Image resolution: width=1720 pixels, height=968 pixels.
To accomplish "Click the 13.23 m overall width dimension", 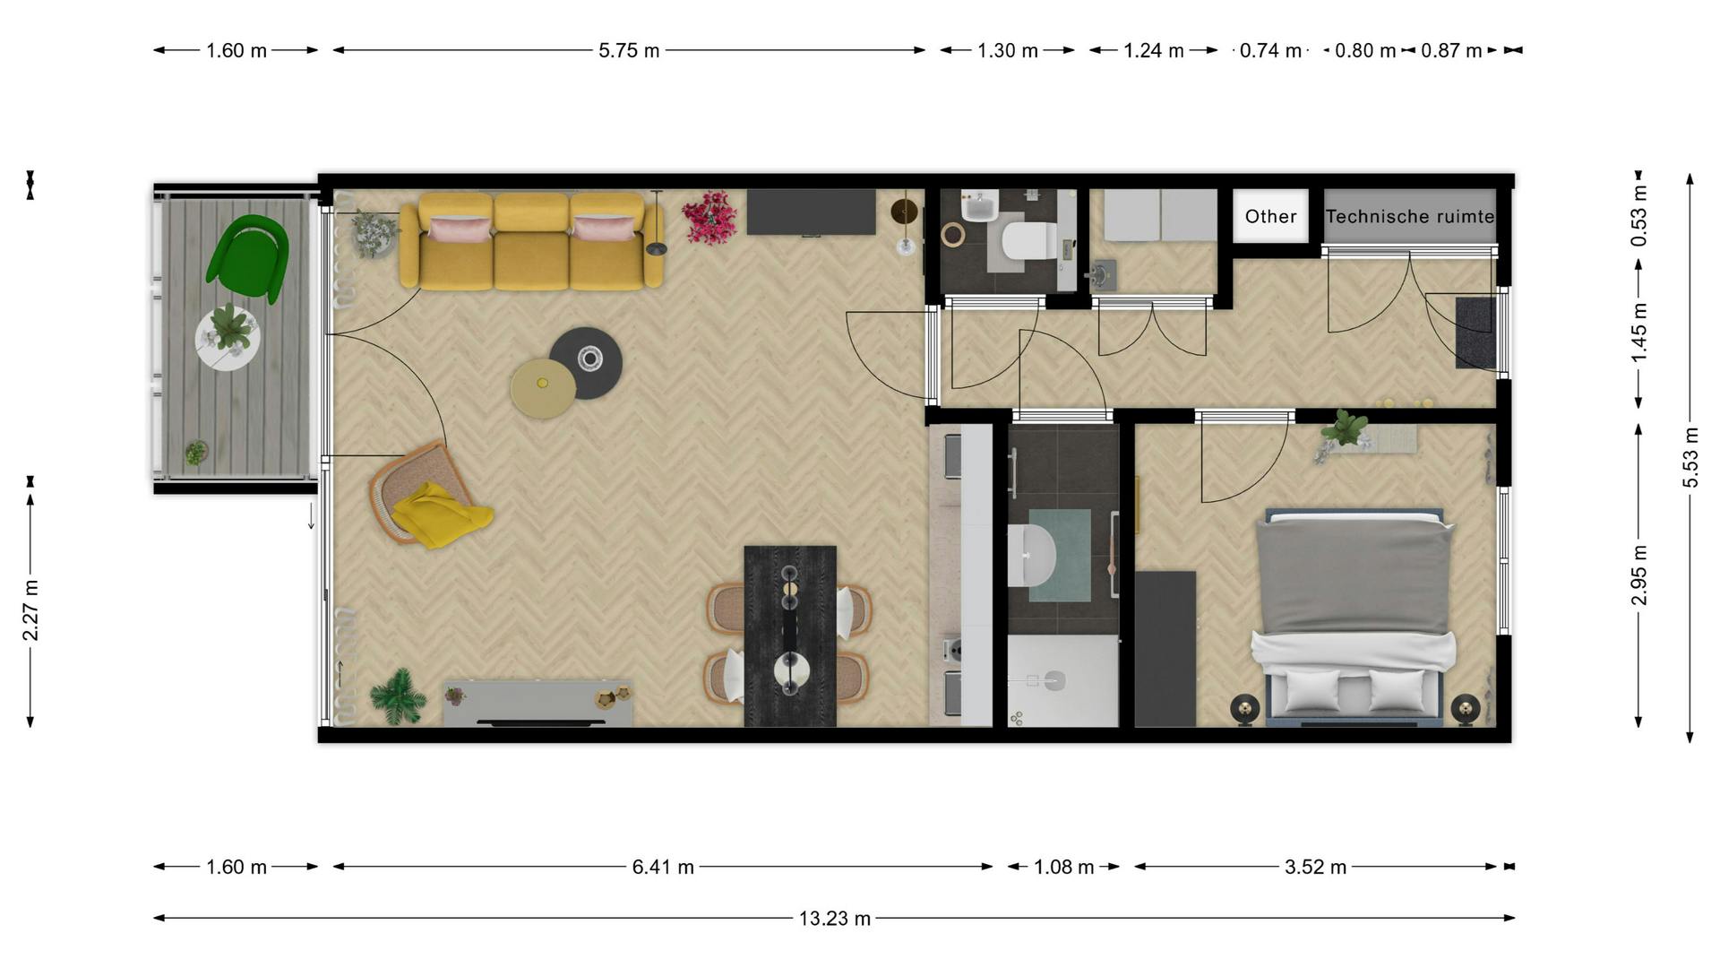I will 834,919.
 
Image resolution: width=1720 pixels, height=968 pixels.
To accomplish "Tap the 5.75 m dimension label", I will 629,51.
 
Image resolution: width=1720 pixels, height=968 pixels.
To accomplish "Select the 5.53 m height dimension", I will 1690,457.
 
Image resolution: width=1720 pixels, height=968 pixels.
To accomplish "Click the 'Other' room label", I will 1270,216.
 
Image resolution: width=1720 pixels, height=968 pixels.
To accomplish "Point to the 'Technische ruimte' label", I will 1409,216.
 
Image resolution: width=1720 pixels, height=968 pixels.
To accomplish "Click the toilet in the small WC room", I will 1027,240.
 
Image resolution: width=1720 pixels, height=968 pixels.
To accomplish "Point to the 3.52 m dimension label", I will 1315,867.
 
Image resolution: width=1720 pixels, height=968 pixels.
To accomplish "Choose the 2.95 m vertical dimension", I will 1639,575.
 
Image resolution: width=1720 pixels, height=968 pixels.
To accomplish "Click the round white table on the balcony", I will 228,339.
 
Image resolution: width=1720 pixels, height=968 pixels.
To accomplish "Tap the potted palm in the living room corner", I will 397,695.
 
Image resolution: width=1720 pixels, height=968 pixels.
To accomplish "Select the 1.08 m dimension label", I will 1063,867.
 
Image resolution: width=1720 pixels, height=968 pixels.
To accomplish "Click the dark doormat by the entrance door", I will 1475,333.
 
